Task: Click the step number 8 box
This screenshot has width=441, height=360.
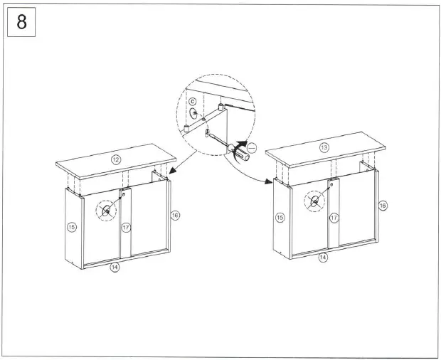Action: click(x=22, y=22)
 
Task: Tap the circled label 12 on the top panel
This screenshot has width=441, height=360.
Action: click(x=116, y=159)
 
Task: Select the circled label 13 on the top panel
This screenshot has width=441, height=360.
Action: click(x=324, y=148)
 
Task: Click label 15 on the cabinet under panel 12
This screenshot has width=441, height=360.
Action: click(x=71, y=227)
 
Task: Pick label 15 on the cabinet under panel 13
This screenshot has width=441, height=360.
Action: click(x=280, y=217)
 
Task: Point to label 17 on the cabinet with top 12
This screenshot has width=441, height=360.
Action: click(x=125, y=228)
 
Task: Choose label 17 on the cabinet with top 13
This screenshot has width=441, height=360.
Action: click(x=334, y=218)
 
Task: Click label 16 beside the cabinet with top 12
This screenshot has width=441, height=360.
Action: click(x=175, y=214)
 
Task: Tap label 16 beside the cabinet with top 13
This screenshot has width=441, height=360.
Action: click(x=383, y=205)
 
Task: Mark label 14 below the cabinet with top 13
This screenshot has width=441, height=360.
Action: click(x=322, y=258)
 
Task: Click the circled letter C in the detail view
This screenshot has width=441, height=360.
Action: click(x=191, y=102)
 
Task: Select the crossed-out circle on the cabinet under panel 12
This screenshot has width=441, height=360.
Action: click(x=106, y=211)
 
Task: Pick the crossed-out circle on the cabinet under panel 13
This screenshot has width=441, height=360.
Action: click(x=314, y=201)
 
